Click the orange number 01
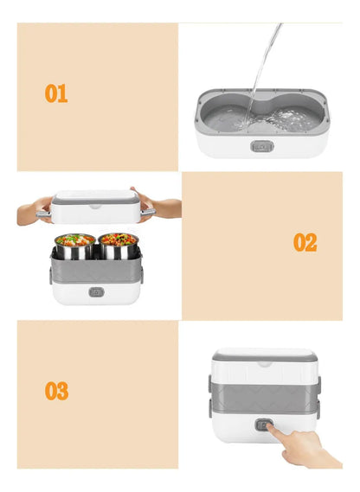[56, 93]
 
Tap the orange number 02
[305, 242]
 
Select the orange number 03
[56, 391]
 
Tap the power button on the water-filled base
[262, 146]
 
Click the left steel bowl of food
[74, 246]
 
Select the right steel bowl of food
[119, 246]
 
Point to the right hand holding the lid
[157, 205]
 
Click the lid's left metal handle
[43, 214]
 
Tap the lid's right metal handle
[148, 213]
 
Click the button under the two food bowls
[96, 292]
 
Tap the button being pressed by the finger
[263, 425]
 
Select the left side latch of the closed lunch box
[210, 397]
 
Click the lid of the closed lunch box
[264, 365]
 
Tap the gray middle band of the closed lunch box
[265, 398]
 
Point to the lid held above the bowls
[95, 206]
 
